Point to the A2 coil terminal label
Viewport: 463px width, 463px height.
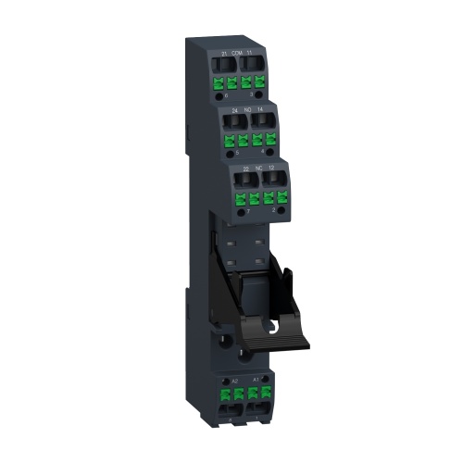click(x=235, y=381)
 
